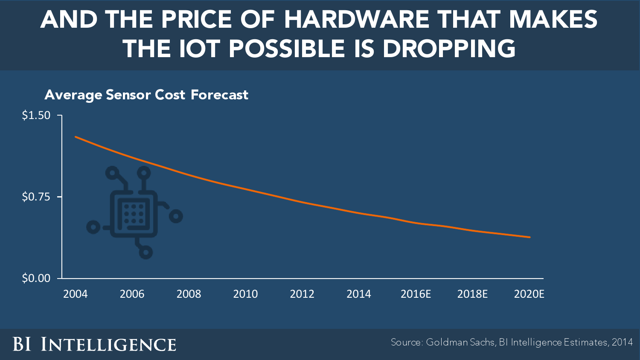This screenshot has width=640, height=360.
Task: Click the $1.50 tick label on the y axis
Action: point(36,116)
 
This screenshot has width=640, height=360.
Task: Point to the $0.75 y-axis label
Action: point(36,197)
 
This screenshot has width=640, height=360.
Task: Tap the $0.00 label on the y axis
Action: point(36,279)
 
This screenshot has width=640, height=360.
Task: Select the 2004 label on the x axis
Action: point(75,294)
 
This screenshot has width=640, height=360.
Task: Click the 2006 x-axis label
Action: point(132,294)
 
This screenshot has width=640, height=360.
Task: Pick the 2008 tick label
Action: point(189,294)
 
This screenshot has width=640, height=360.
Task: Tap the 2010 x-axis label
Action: point(245,294)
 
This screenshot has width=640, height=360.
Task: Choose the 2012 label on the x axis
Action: point(302,294)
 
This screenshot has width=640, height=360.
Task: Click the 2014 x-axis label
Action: point(359,294)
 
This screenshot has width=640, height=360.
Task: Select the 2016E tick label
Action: point(416,294)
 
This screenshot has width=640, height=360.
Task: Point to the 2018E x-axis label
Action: point(472,294)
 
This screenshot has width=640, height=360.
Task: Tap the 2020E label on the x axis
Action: point(529,294)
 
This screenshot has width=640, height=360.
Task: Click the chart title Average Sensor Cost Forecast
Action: point(146,95)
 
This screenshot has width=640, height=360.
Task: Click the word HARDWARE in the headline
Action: point(357,20)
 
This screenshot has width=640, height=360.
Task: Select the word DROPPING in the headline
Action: point(449,48)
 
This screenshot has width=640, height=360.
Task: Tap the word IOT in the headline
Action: point(200,48)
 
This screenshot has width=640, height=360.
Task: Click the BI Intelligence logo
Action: point(94,344)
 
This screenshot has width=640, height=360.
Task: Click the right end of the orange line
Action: point(529,237)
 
